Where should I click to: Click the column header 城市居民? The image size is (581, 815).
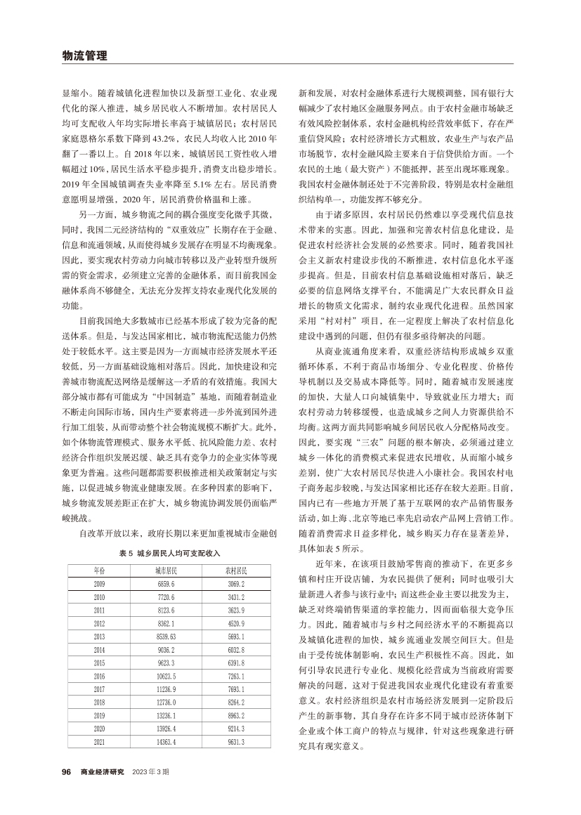167,570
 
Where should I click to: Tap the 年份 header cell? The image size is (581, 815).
99,570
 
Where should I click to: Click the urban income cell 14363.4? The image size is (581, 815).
167,742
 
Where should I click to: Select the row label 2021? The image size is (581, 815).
99,742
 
